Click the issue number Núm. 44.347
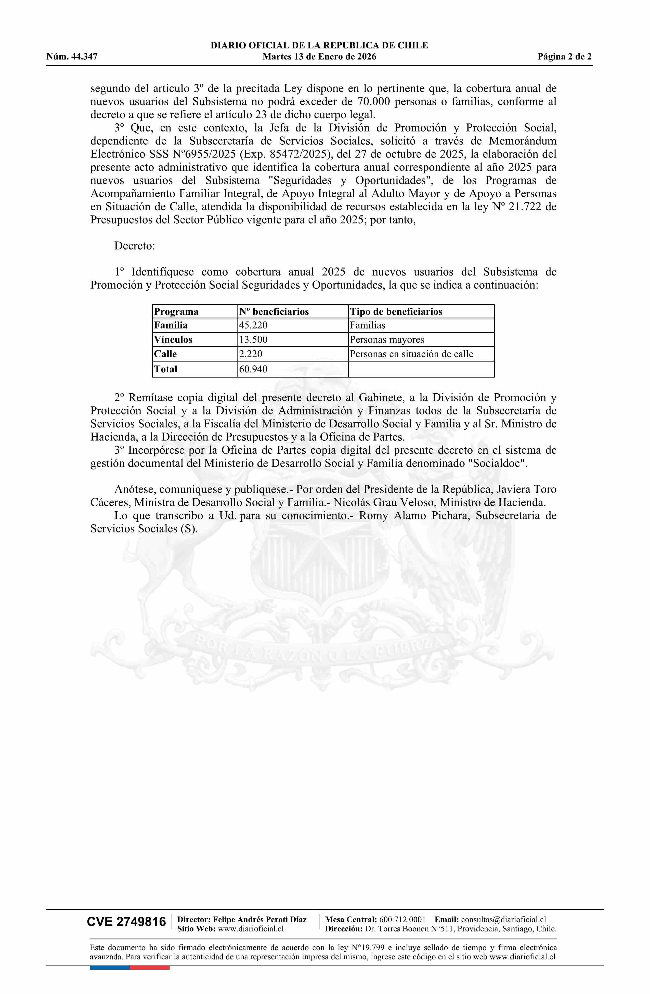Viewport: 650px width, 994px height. click(x=72, y=57)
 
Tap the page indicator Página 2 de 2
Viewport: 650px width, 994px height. click(x=564, y=57)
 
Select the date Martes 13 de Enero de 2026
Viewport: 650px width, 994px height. click(x=319, y=57)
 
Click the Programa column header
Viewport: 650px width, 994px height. click(x=176, y=311)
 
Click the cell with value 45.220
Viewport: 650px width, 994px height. click(x=253, y=325)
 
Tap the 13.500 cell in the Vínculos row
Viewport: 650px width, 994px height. click(x=253, y=339)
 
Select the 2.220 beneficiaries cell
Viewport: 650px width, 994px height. click(x=251, y=354)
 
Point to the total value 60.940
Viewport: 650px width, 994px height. click(x=253, y=369)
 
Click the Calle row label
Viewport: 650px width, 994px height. click(x=165, y=354)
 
